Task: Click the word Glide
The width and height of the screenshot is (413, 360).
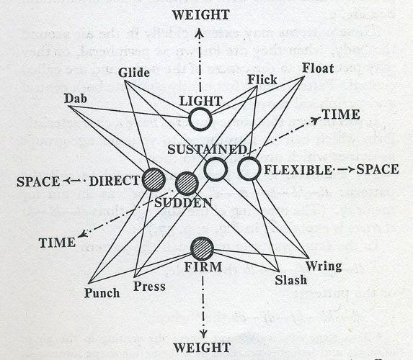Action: point(134,73)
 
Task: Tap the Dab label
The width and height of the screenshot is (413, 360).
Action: point(76,99)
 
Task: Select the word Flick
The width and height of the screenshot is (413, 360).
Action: point(262,79)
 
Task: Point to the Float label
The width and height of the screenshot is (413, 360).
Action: point(318,68)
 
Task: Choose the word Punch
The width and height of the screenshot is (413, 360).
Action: point(102,293)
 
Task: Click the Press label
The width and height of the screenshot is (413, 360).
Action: point(149,287)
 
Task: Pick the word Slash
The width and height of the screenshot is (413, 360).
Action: point(290,280)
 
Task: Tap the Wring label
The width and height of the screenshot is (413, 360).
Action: point(324,266)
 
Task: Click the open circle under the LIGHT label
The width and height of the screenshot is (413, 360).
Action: point(200,119)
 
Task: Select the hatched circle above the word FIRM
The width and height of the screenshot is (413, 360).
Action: point(202,248)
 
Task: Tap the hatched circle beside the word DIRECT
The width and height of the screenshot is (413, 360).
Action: point(154,180)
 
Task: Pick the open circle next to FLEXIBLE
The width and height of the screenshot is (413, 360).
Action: point(249,168)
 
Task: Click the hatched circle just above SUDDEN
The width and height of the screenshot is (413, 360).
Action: point(187,184)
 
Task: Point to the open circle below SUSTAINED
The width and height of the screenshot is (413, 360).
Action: point(216,169)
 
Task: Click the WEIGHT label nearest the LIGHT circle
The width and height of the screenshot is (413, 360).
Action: point(201,14)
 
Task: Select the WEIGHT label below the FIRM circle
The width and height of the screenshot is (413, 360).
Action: point(202,348)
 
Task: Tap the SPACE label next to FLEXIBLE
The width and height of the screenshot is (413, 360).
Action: point(378,169)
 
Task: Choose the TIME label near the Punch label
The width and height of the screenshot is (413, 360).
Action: point(57,243)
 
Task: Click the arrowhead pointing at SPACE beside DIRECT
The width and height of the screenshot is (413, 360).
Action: point(66,181)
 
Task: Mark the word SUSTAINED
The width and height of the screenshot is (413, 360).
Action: point(207,150)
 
